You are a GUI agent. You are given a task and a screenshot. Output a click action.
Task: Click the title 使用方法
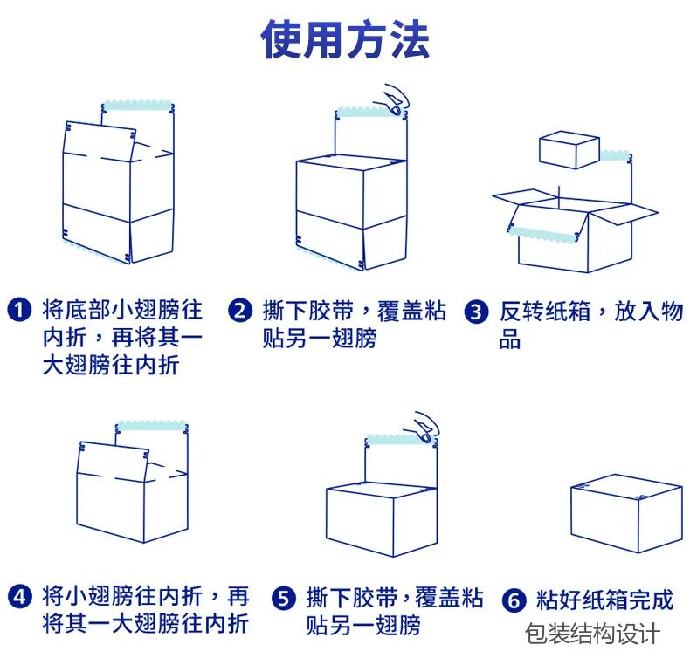(345, 39)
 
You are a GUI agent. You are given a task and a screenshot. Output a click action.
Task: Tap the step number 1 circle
(19, 311)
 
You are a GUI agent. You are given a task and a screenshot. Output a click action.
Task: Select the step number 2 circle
(240, 311)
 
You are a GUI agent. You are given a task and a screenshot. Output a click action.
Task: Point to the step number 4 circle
(19, 598)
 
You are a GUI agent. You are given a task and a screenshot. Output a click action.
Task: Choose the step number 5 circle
(284, 599)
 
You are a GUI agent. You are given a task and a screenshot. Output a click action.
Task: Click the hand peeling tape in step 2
(396, 99)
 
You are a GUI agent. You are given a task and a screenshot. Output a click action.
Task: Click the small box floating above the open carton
(569, 149)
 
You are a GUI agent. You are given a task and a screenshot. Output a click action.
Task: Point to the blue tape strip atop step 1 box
(135, 106)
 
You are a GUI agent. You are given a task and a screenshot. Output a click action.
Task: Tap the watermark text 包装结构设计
(593, 634)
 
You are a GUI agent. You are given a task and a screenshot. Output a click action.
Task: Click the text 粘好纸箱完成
(604, 600)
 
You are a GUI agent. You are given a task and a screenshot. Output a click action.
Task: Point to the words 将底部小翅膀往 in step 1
(122, 311)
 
